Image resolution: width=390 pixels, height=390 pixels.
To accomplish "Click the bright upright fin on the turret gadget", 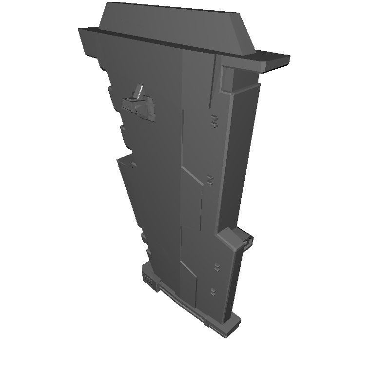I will pos(139,91).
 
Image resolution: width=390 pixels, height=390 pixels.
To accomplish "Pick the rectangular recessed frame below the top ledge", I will pos(227,78).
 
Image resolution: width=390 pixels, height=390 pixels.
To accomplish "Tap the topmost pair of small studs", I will pos(214,121).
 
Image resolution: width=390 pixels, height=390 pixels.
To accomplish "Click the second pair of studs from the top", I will pos(210,179).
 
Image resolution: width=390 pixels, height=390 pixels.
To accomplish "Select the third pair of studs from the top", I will pos(216,267).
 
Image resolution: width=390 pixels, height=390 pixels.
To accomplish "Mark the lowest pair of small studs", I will pos(213,292).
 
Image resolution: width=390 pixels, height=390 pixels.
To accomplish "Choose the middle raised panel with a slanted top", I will pos(192,200).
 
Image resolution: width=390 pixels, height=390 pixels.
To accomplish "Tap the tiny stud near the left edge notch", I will pos(133,165).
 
